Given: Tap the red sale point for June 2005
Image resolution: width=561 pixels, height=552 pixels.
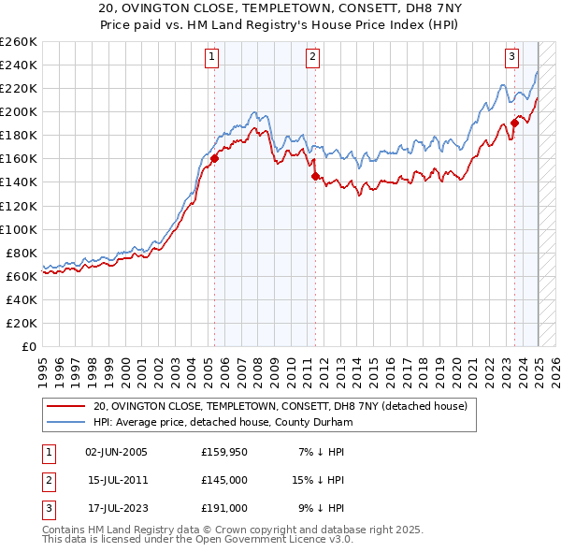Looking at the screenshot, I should click(214, 158).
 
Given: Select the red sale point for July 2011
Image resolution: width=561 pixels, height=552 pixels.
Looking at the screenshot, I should click(315, 176).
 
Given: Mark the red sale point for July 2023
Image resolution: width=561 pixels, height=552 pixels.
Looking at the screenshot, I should click(514, 122).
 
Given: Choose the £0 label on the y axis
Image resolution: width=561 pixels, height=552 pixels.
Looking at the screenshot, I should click(29, 347).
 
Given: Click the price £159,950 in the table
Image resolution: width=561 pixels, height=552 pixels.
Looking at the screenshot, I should click(223, 452).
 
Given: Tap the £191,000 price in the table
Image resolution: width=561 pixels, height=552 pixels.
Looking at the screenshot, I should click(223, 508).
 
